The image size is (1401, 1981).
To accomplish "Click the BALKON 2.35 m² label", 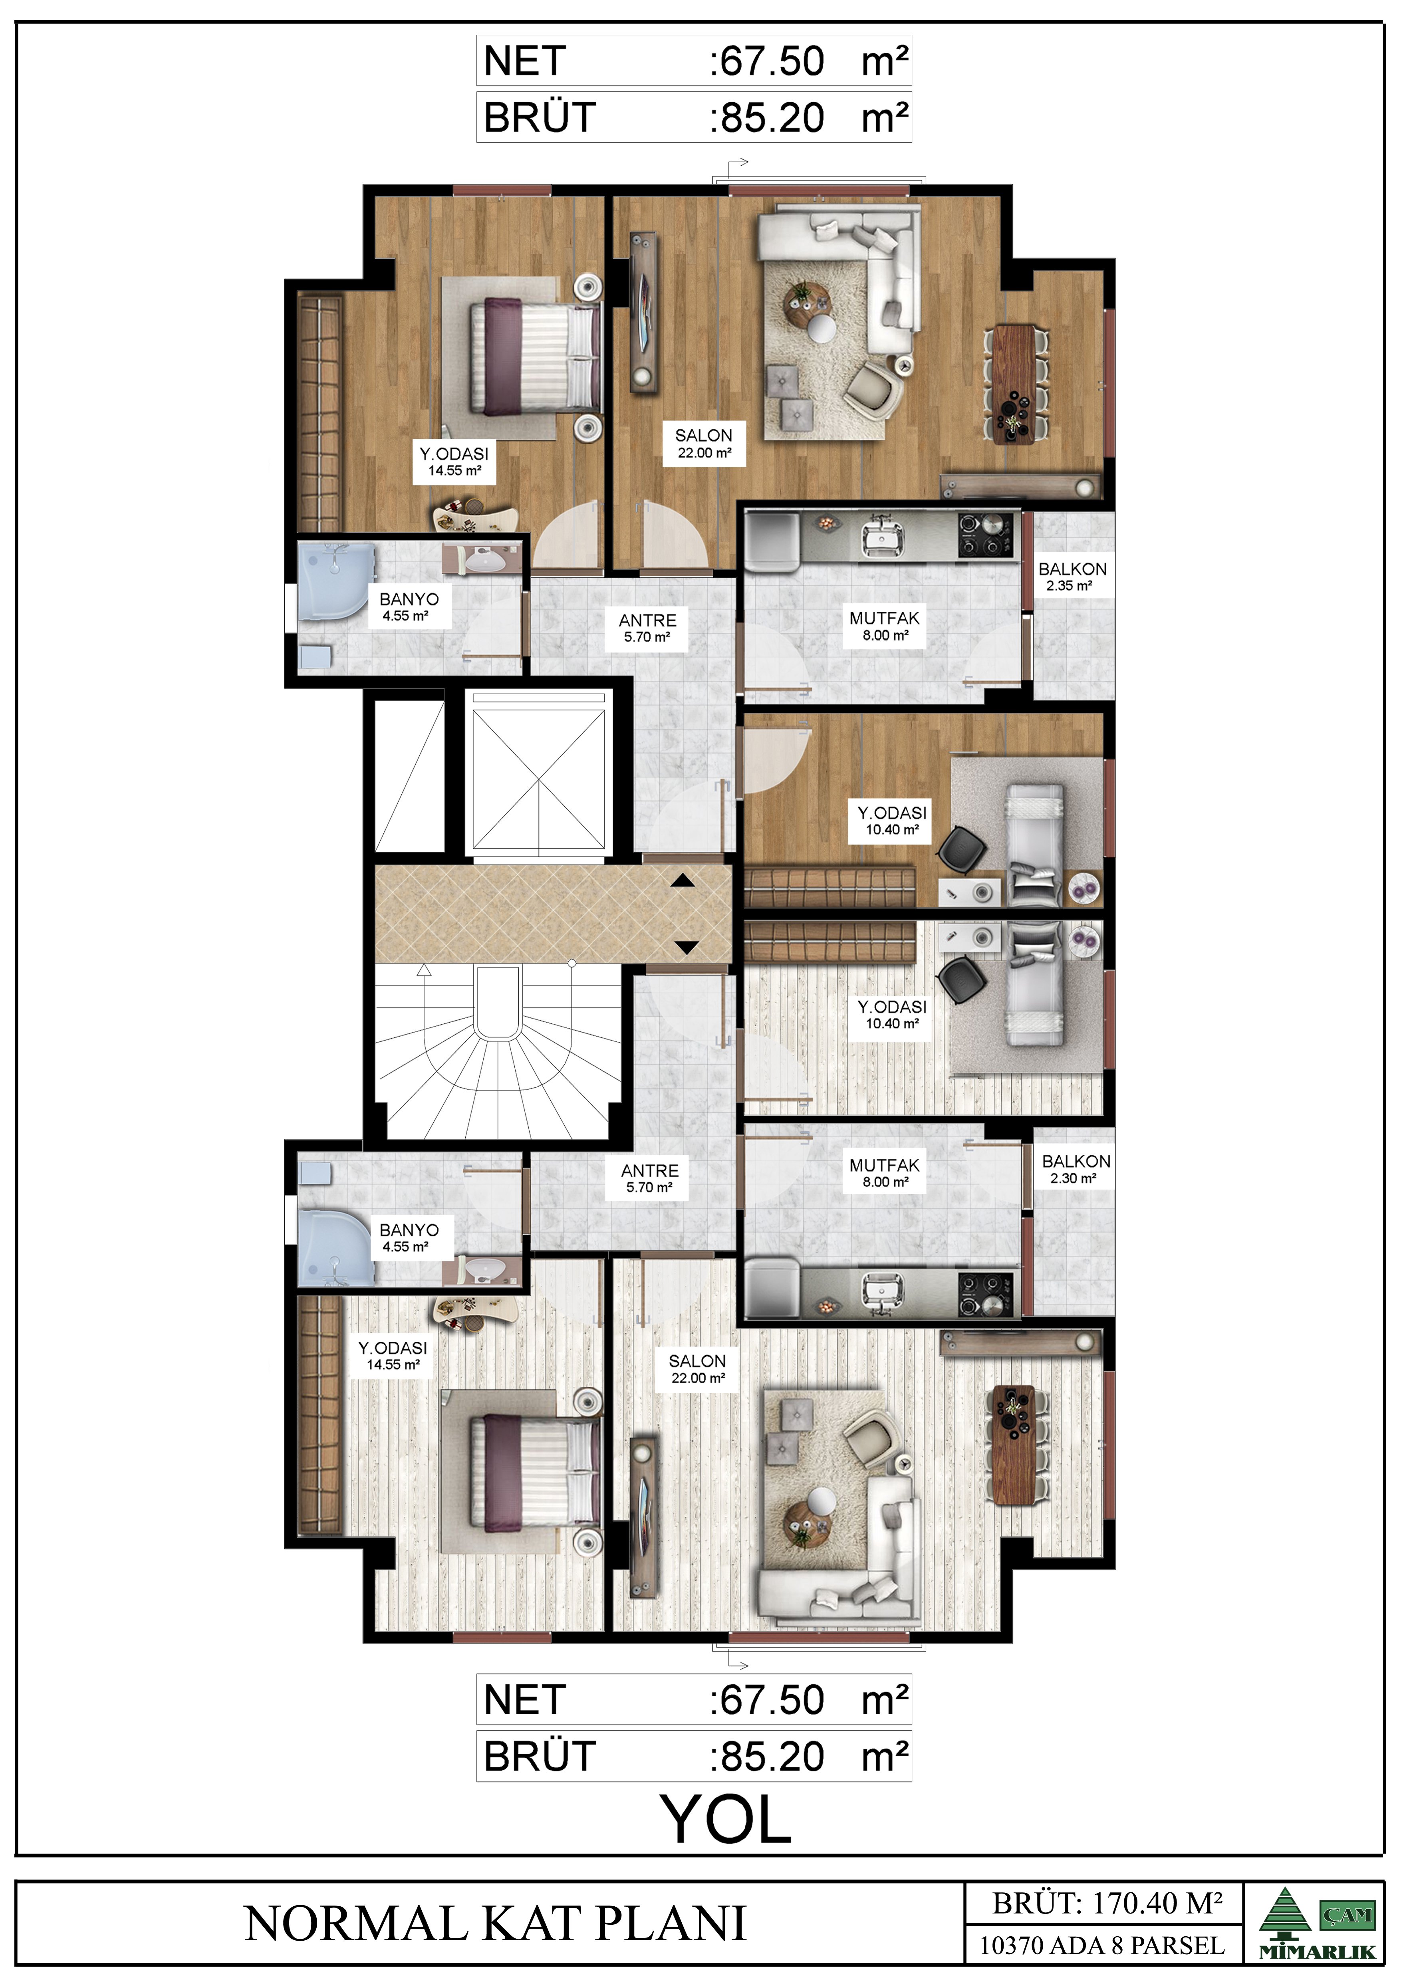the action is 1072,576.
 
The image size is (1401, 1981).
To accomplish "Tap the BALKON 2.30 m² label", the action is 1075,1169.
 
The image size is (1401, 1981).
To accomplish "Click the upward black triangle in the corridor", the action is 683,881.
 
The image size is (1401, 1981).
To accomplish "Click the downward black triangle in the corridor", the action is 686,947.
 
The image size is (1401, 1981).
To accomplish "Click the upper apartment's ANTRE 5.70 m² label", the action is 648,628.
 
